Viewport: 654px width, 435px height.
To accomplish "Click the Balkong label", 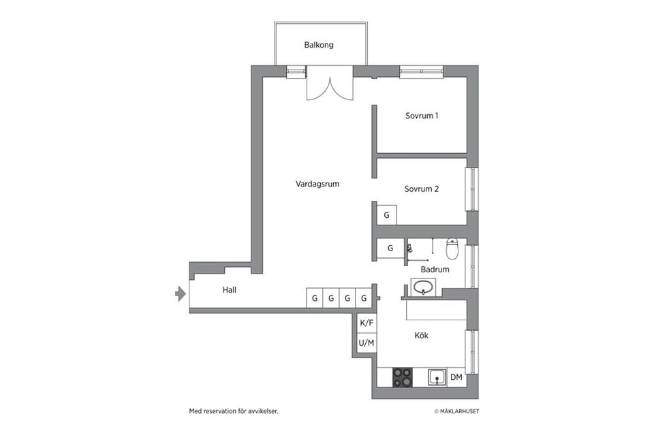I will click(319, 46).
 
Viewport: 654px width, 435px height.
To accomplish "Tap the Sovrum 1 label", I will click(422, 116).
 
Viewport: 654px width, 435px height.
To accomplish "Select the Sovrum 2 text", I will click(421, 189).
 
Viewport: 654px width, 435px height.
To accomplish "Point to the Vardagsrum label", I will click(317, 184).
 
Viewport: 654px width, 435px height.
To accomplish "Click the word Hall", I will click(230, 290).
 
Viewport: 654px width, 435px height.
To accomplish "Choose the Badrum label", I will click(435, 270).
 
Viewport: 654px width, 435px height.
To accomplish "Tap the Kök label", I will click(422, 336).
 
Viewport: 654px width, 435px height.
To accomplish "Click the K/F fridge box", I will click(367, 323).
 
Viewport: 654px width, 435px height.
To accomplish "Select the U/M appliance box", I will click(367, 343).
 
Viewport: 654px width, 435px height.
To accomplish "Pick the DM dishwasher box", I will click(456, 377).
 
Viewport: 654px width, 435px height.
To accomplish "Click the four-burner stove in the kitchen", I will click(403, 377).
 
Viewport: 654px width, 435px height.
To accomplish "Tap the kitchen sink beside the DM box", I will click(436, 377).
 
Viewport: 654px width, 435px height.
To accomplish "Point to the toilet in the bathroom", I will click(452, 249).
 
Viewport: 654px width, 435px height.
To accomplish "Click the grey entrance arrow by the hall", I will click(181, 293).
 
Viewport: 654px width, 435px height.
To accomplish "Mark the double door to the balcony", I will click(330, 84).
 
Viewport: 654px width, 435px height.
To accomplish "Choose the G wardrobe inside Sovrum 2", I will click(386, 216).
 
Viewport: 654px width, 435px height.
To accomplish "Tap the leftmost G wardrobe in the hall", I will click(314, 298).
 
